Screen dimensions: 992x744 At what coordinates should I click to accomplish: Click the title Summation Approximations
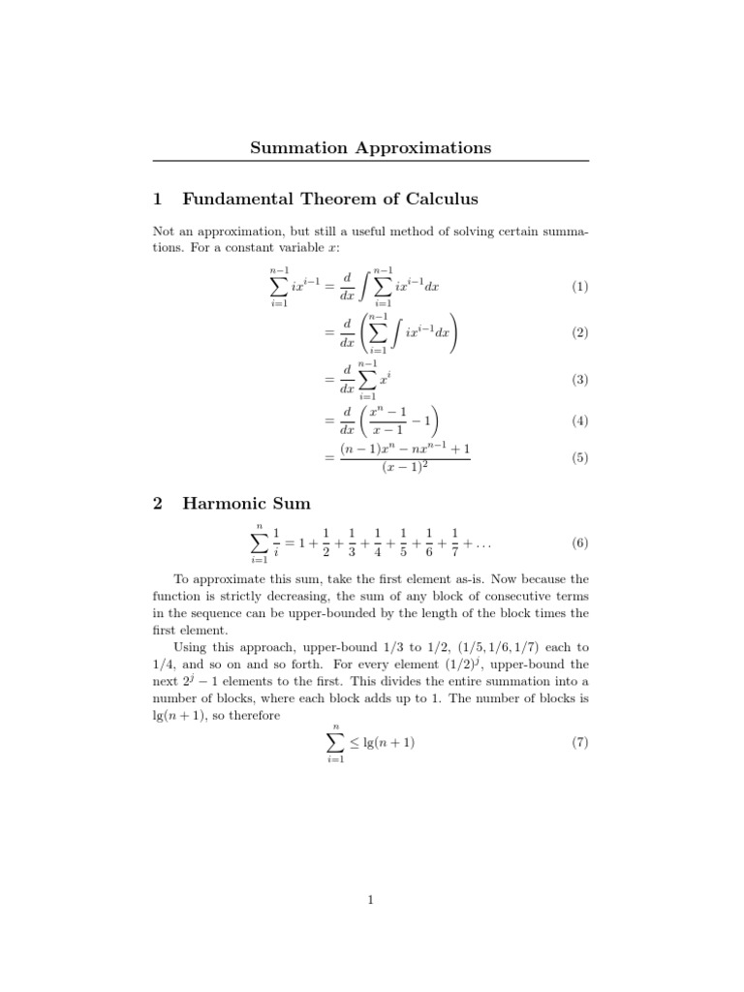(x=371, y=147)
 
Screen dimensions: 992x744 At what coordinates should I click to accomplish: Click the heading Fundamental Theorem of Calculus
(x=330, y=200)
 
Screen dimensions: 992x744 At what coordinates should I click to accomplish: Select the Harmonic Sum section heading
(x=246, y=503)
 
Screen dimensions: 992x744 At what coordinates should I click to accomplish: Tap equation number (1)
(x=579, y=287)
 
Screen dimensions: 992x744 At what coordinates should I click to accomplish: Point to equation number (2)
(x=579, y=332)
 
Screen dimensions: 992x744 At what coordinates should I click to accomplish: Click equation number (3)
(x=579, y=381)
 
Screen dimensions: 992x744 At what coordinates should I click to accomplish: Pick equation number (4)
(x=579, y=421)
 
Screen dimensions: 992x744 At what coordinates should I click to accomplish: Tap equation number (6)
(x=579, y=543)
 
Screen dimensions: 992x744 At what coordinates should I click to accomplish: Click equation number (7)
(x=579, y=743)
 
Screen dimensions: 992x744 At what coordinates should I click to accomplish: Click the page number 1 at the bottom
(x=371, y=901)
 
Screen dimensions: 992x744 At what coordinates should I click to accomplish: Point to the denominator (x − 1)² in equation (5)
(x=406, y=468)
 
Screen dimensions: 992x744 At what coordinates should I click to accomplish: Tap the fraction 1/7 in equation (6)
(x=454, y=543)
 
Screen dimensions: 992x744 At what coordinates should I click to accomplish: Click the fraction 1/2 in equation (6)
(x=325, y=543)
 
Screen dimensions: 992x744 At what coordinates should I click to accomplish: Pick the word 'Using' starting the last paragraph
(x=191, y=644)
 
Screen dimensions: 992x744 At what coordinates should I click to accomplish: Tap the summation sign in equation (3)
(x=367, y=381)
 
